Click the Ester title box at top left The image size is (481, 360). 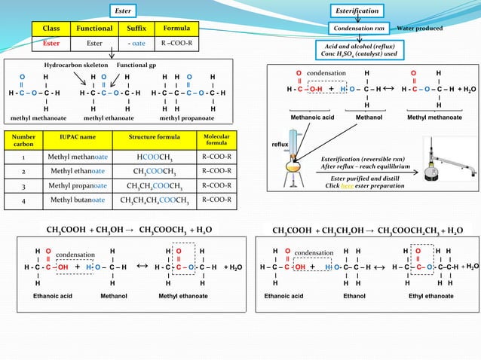(123, 11)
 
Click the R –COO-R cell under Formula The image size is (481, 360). (177, 43)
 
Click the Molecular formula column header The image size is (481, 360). (217, 140)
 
